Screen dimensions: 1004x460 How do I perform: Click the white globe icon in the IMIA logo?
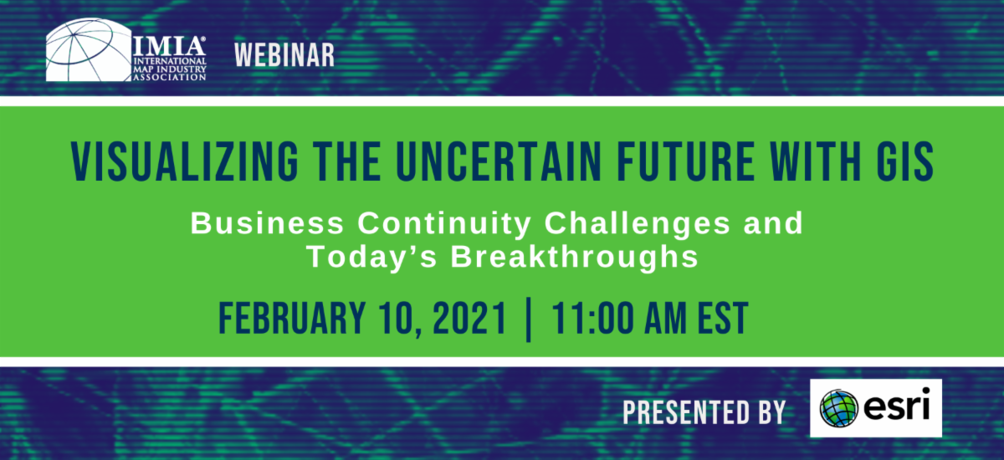89,49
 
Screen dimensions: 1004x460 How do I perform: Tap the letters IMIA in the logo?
169,46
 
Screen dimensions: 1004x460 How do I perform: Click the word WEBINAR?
284,55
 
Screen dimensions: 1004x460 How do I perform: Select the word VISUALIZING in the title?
185,161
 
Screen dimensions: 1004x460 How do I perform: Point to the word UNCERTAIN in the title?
499,161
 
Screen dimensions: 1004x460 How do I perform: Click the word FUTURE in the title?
686,161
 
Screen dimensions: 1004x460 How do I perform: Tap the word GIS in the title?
905,161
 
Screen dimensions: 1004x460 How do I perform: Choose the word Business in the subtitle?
267,222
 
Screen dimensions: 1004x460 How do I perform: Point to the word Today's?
371,257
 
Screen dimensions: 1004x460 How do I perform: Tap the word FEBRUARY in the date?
292,318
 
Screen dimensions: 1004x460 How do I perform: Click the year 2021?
469,318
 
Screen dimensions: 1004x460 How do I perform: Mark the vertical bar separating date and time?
529,319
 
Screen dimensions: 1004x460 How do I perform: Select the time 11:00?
591,318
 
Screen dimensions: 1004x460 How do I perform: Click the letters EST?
723,318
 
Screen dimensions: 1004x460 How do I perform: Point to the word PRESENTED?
686,412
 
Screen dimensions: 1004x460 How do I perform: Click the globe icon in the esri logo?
838,408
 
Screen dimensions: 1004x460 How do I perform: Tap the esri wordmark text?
896,404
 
